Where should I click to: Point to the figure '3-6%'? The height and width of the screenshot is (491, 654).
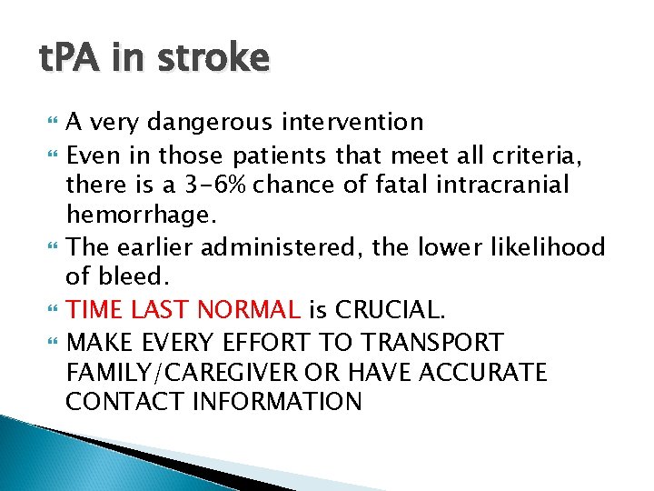click(214, 185)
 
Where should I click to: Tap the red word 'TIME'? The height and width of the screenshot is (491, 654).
click(95, 311)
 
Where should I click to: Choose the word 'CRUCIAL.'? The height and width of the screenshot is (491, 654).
click(390, 311)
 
